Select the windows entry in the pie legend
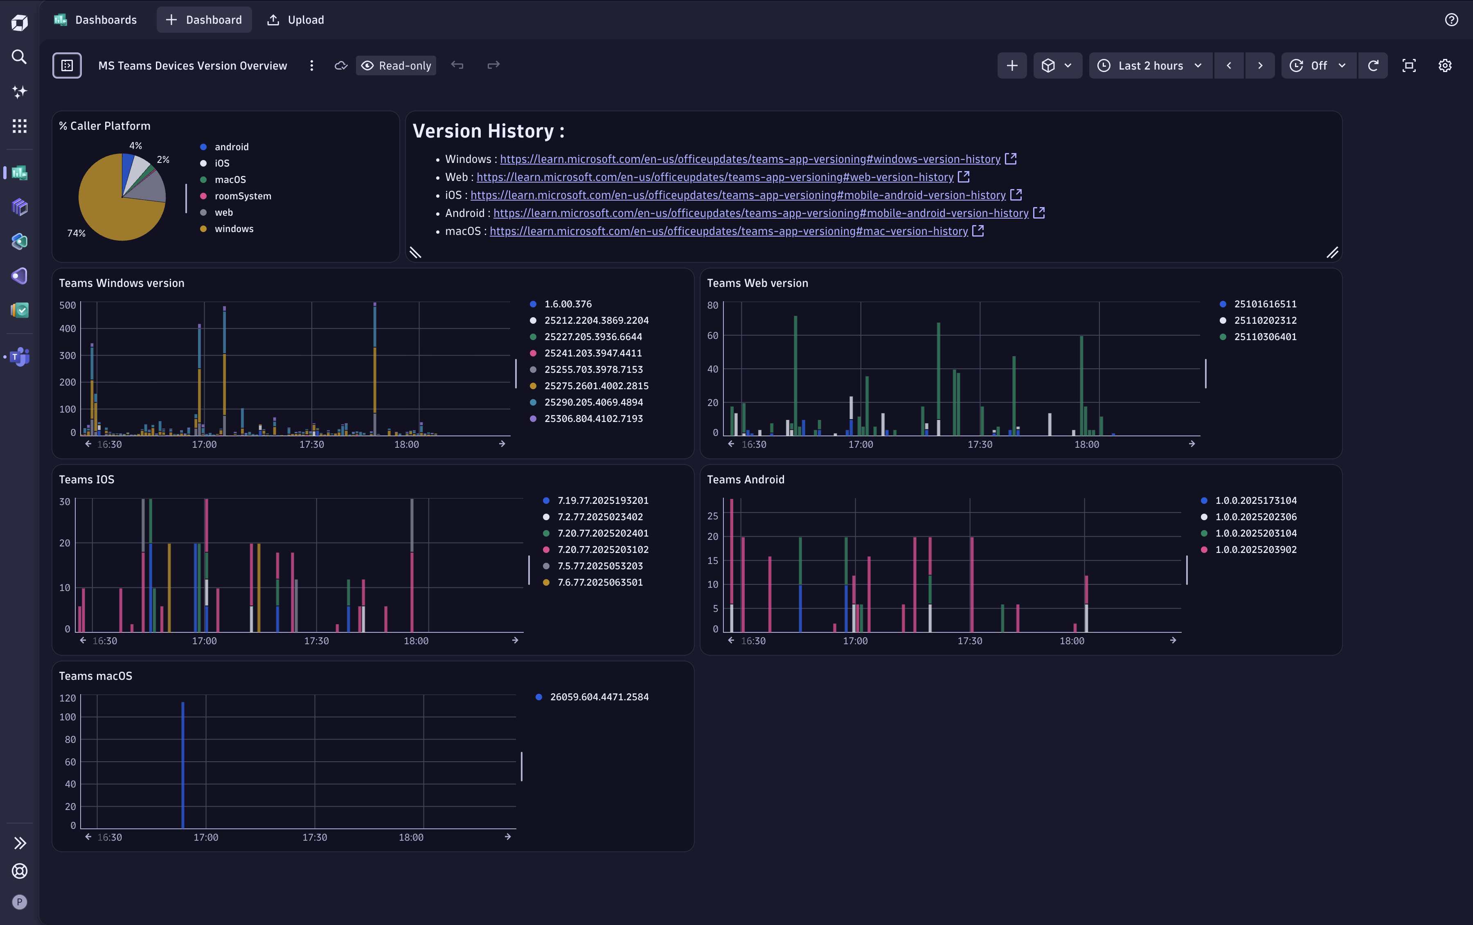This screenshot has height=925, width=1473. [234, 229]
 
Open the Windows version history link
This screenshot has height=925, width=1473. [750, 159]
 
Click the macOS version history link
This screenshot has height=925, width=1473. [728, 231]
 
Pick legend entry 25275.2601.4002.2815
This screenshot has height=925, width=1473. [596, 386]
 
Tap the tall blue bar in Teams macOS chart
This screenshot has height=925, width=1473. [183, 765]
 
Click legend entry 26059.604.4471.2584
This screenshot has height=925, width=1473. [599, 697]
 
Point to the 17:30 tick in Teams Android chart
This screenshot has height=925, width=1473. [969, 641]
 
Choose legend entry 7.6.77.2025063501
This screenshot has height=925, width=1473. [599, 582]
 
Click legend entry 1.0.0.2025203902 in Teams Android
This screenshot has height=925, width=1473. [1255, 549]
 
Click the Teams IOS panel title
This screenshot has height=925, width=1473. [86, 480]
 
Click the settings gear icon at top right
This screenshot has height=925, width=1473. [1444, 65]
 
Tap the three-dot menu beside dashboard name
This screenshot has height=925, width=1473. [312, 65]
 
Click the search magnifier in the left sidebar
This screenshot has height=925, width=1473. [20, 57]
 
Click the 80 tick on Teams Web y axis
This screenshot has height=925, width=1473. [712, 305]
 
